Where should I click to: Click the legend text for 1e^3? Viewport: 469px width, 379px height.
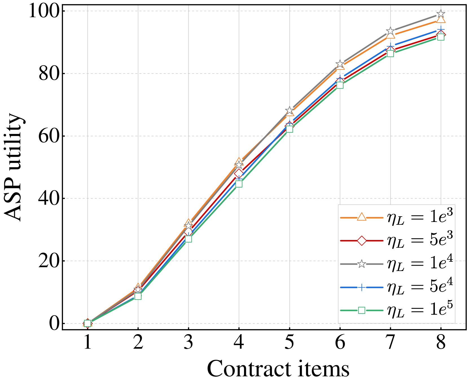click(x=420, y=217)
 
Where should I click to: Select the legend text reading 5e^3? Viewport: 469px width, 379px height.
click(x=420, y=241)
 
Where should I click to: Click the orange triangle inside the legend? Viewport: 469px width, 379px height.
click(x=361, y=217)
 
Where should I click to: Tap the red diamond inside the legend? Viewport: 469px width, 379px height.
click(x=361, y=241)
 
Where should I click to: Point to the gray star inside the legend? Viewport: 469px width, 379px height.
click(x=361, y=264)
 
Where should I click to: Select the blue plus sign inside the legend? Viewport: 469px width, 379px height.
click(x=361, y=287)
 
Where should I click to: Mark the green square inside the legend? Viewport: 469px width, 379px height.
click(x=361, y=310)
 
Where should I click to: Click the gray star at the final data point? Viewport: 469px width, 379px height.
click(x=441, y=14)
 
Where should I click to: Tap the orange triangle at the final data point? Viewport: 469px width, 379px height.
click(x=441, y=19)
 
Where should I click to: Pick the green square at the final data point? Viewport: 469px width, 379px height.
click(x=441, y=37)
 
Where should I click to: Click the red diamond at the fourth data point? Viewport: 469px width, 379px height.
click(x=239, y=173)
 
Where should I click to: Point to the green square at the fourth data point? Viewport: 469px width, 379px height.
click(x=239, y=184)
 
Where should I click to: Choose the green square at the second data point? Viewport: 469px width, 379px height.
click(x=138, y=296)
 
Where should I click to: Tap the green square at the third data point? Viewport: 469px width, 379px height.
click(x=189, y=239)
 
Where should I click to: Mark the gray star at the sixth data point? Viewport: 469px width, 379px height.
click(x=340, y=63)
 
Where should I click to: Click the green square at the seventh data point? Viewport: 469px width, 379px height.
click(x=390, y=53)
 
